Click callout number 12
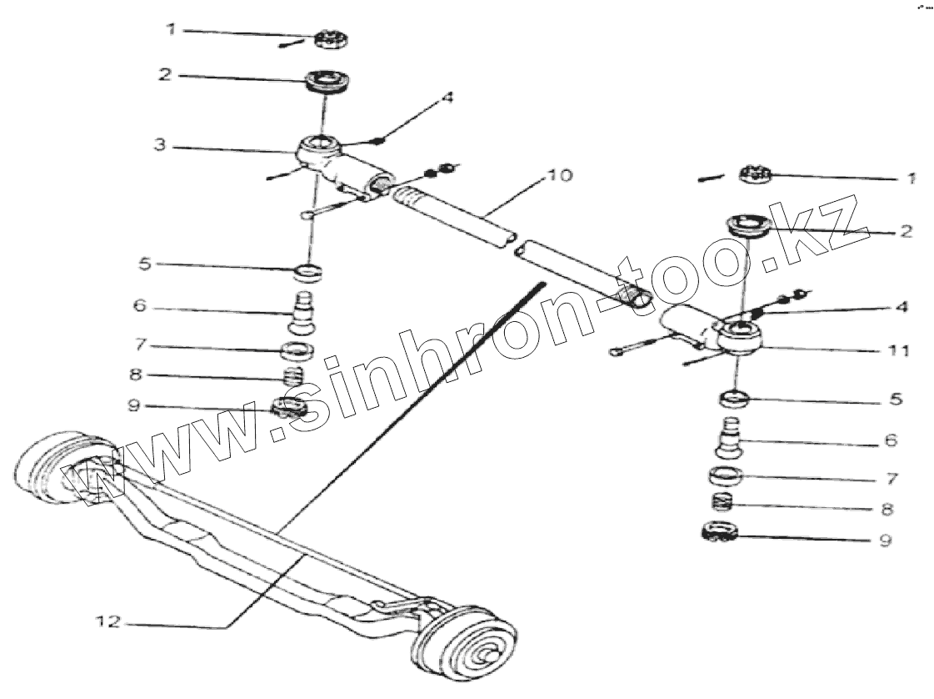pyautogui.click(x=109, y=621)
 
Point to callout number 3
pyautogui.click(x=160, y=145)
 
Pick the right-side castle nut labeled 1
pyautogui.click(x=756, y=175)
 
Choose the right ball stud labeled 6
pyautogui.click(x=730, y=438)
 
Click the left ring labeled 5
pyautogui.click(x=310, y=271)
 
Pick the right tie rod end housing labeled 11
pyautogui.click(x=737, y=338)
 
